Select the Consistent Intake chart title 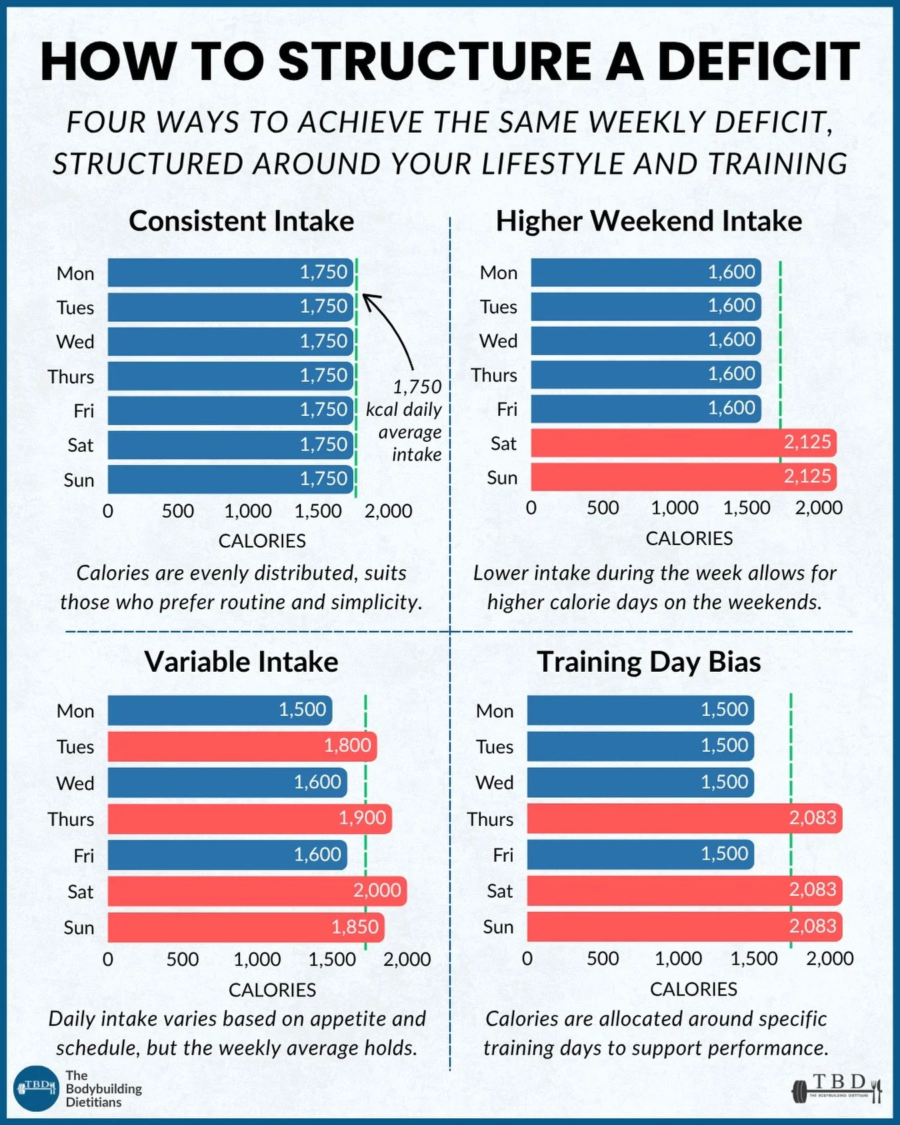click(241, 221)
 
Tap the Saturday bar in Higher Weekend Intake click(683, 443)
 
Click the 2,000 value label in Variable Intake click(377, 890)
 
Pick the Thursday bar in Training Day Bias click(684, 818)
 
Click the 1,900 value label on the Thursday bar click(362, 818)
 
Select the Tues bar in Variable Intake click(241, 746)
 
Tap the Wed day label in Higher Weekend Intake click(498, 341)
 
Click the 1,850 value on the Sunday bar click(355, 926)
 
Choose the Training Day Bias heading click(649, 662)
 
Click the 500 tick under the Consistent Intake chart click(177, 511)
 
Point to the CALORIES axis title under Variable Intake click(272, 990)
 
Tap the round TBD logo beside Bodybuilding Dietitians click(37, 1088)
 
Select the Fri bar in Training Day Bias click(640, 854)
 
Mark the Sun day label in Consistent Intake click(79, 480)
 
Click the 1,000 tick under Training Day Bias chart click(678, 958)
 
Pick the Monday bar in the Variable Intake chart click(219, 710)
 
